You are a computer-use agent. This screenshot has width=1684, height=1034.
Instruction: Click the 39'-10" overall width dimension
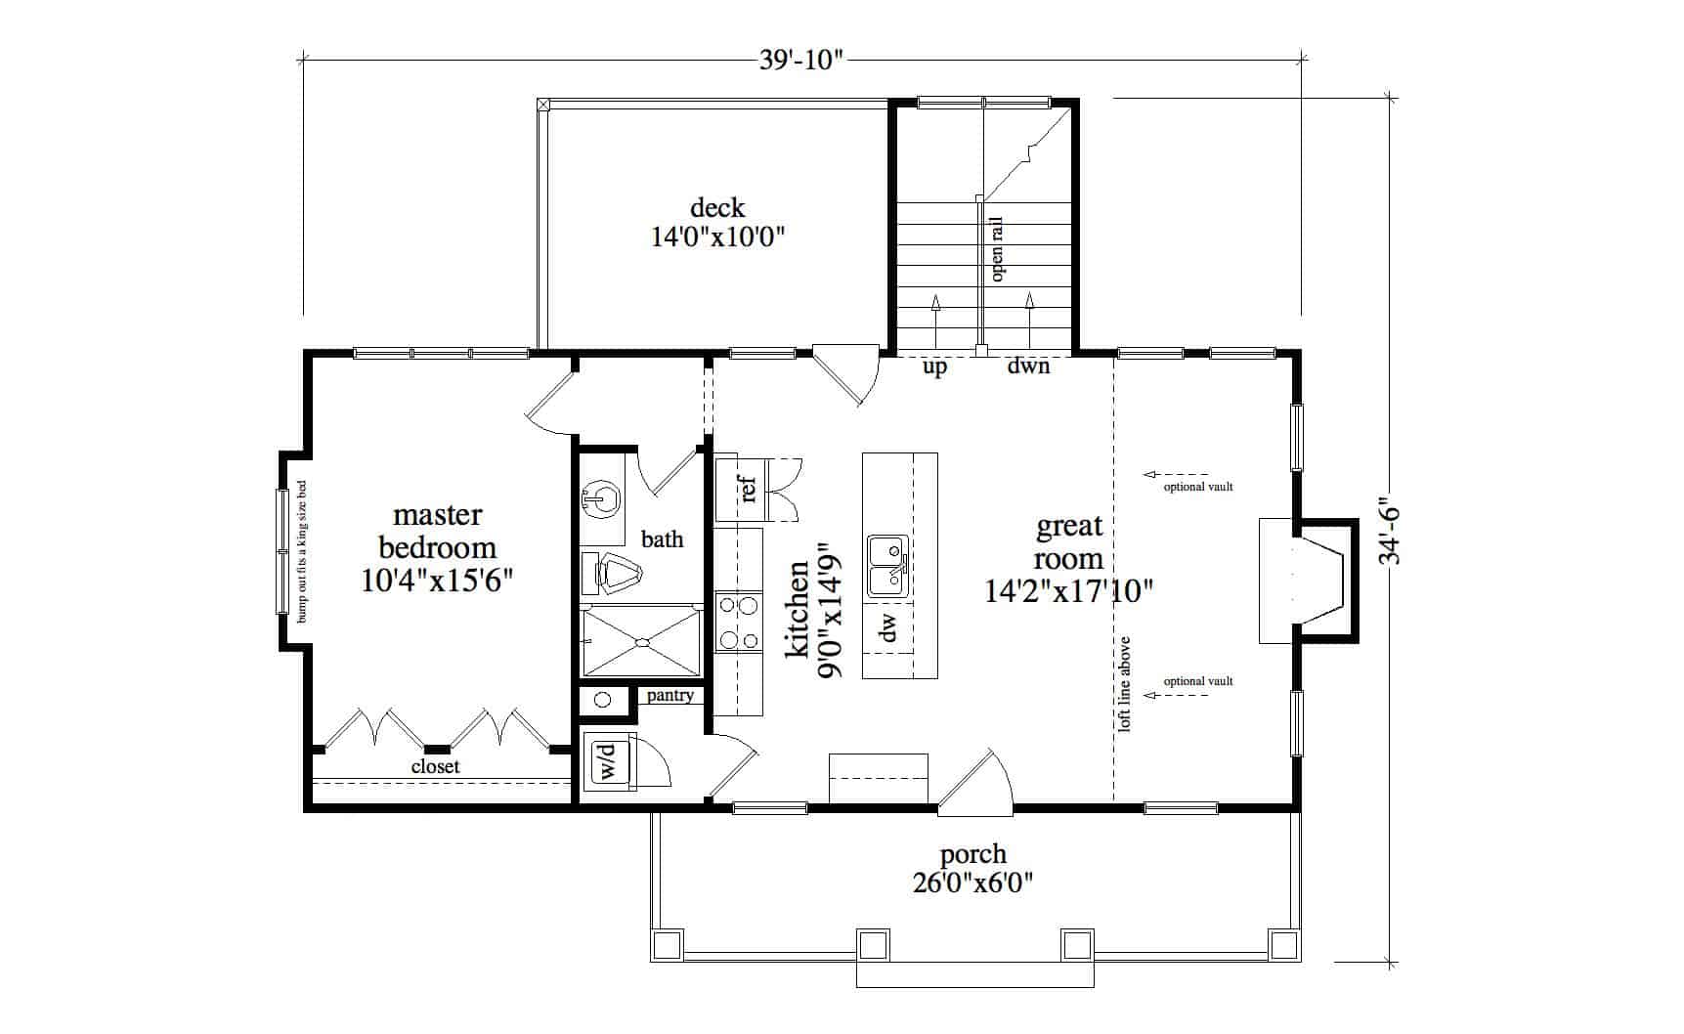800,61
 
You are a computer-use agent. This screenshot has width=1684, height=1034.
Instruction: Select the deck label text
717,208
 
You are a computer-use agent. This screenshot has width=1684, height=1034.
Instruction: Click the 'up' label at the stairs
934,368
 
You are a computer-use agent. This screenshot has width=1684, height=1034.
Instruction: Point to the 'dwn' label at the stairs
1028,366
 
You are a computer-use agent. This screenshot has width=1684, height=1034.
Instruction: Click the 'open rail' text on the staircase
997,249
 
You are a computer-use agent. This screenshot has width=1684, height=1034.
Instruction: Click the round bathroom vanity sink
602,499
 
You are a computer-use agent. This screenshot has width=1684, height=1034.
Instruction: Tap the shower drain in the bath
642,642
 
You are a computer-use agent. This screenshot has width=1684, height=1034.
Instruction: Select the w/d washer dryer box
607,761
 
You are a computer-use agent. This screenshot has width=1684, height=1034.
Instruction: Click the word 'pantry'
669,696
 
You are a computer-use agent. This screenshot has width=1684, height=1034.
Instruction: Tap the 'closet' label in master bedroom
435,767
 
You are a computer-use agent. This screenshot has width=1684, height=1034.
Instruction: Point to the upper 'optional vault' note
1197,487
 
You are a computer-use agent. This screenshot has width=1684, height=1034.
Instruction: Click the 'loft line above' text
1124,684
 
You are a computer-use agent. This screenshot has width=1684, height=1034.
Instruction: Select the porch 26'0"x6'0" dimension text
972,883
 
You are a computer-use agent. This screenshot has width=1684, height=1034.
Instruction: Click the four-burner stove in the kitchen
738,624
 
